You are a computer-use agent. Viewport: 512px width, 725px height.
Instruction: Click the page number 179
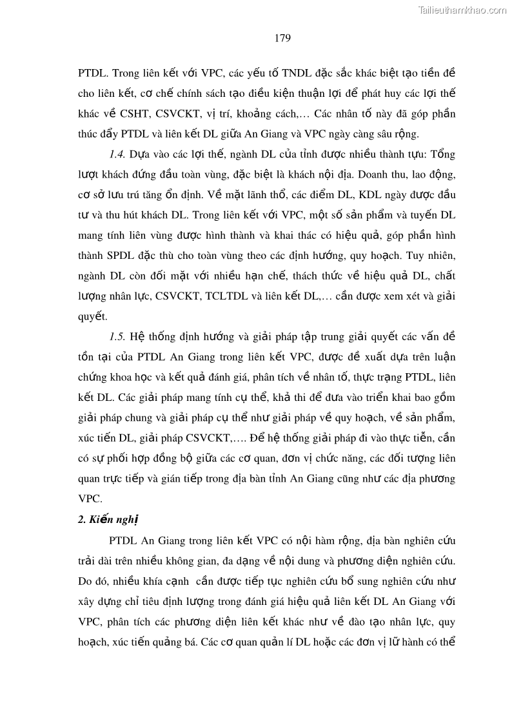click(x=282, y=37)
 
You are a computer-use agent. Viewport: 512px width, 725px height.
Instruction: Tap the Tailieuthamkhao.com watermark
click(x=462, y=10)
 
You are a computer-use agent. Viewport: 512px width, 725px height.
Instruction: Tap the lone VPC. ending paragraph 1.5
click(x=90, y=499)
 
